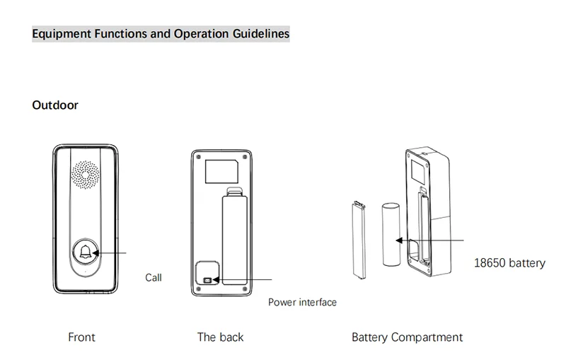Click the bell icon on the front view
pyautogui.click(x=86, y=252)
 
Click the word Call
pyautogui.click(x=154, y=277)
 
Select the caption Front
pyautogui.click(x=81, y=337)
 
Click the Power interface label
pyautogui.click(x=302, y=303)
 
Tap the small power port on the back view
pyautogui.click(x=207, y=280)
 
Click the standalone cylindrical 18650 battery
pyautogui.click(x=391, y=234)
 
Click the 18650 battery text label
pyautogui.click(x=509, y=263)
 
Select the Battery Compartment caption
pyautogui.click(x=407, y=337)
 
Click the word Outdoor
pyautogui.click(x=55, y=105)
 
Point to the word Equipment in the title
pyautogui.click(x=62, y=33)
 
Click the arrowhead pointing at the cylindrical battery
pyautogui.click(x=400, y=240)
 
